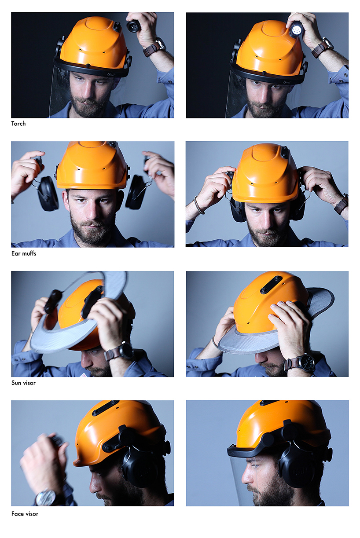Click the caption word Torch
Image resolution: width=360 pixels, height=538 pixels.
18,124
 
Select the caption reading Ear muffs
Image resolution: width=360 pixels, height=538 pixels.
24,253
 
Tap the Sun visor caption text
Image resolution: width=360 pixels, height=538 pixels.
23,383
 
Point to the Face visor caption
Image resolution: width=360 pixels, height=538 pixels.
25,513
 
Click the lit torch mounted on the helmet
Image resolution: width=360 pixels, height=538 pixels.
296,30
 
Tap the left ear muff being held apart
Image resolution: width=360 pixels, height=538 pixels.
48,194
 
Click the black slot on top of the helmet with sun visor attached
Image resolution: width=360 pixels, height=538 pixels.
271,285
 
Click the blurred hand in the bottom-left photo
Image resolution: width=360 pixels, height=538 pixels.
44,457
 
